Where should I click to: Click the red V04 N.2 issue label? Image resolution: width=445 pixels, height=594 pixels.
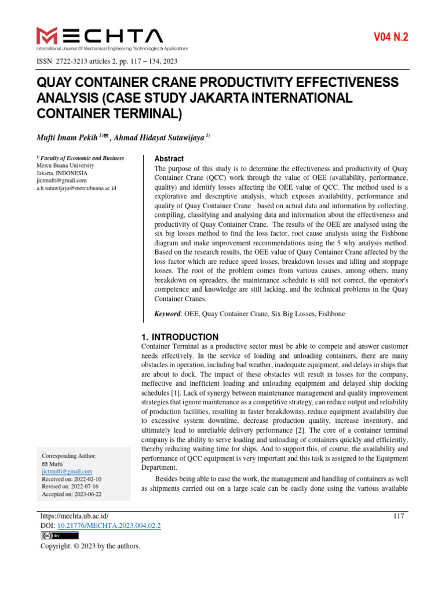(391, 38)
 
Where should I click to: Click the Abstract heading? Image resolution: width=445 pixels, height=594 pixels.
(169, 158)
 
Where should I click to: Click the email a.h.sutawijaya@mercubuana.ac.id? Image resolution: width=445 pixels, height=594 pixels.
(76, 189)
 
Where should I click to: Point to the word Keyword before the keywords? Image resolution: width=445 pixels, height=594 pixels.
(167, 314)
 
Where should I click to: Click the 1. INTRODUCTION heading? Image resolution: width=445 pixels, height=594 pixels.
(180, 337)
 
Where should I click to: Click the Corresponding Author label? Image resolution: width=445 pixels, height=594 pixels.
(69, 456)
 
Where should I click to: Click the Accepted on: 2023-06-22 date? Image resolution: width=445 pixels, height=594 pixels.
(72, 494)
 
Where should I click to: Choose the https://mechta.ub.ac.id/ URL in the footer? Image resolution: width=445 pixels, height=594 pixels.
(74, 516)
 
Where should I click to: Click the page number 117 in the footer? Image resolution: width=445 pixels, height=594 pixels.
(398, 516)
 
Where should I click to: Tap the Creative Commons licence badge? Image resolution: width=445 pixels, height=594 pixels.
(59, 535)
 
